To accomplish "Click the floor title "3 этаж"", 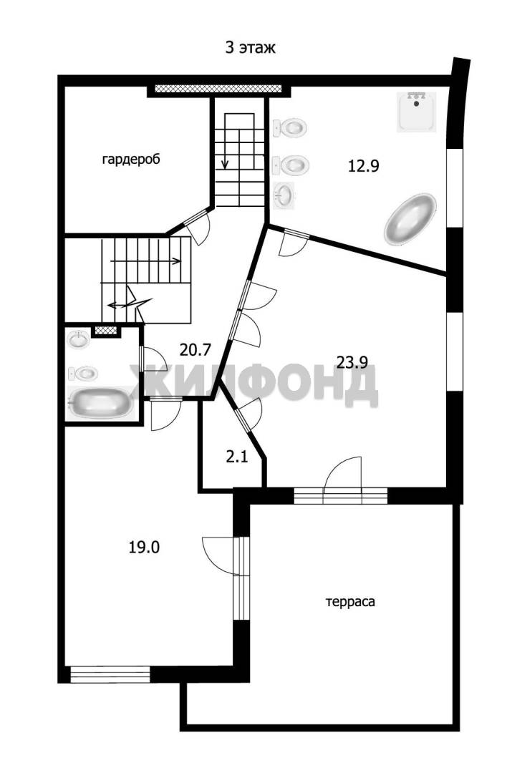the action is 250,48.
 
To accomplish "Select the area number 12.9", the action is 364,166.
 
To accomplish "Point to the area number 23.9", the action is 352,363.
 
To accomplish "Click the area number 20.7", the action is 195,350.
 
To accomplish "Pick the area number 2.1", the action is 237,457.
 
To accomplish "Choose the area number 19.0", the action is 144,548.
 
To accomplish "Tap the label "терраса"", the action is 350,602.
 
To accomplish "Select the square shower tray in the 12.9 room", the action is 417,112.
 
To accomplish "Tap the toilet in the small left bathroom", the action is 83,374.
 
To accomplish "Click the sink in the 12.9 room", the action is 284,193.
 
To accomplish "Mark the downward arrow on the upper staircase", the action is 226,150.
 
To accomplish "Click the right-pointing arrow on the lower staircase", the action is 146,261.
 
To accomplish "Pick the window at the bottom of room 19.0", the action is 110,674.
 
